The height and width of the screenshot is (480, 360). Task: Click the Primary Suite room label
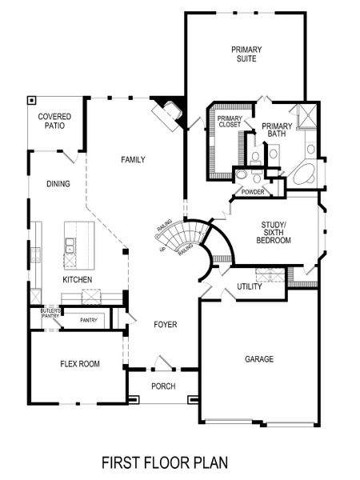pos(246,54)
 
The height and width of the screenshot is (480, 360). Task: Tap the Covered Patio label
pos(55,122)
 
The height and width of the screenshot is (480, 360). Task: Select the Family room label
pos(133,160)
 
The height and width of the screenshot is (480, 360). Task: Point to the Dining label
pos(58,184)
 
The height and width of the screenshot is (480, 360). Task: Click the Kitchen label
pos(78,280)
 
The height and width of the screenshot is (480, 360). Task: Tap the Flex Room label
pos(80,364)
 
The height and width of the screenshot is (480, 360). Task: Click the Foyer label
pos(165,325)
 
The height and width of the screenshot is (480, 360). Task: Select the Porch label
pos(163,386)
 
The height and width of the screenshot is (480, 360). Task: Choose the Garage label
pos(258,359)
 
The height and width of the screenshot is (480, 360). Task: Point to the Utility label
pos(250,286)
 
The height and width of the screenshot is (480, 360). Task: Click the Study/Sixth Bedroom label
pos(274,232)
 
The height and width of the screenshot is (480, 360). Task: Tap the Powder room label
pos(253,192)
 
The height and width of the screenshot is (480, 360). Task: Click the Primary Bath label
pos(278,130)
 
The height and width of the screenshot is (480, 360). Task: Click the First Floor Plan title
pos(164,462)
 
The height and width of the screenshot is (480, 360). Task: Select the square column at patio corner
pos(32,101)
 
